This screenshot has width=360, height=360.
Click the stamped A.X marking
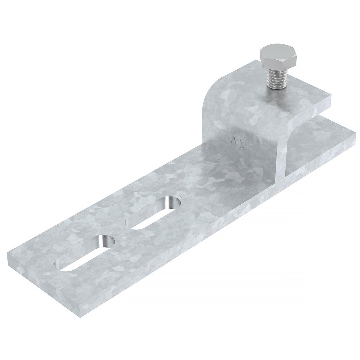(x=238, y=143)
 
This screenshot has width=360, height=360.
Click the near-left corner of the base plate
(x=7, y=253)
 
